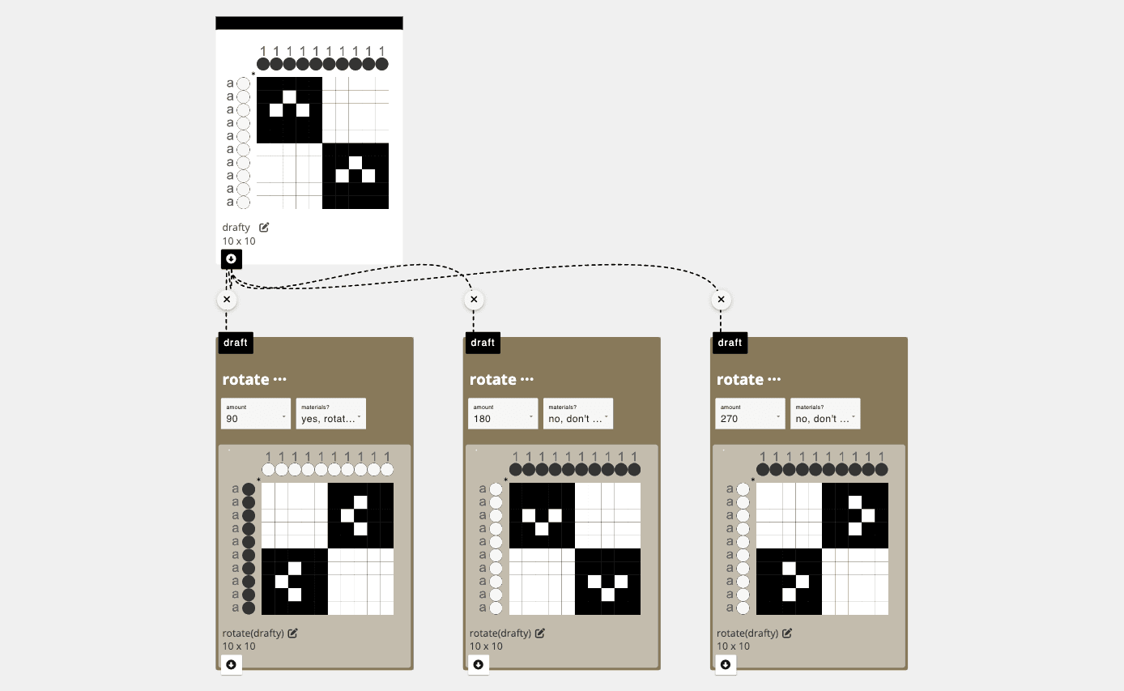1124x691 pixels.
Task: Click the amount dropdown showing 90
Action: [255, 413]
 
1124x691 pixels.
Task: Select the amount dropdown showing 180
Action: [503, 413]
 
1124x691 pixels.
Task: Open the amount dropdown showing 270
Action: [750, 413]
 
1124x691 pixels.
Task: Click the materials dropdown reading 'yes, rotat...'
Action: [330, 413]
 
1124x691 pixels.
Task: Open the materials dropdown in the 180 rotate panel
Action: [578, 413]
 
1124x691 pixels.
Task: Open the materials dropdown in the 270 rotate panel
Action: [825, 413]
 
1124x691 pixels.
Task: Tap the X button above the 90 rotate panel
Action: [227, 300]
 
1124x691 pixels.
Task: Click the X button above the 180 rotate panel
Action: [474, 300]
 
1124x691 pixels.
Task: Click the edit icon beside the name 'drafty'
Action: [264, 228]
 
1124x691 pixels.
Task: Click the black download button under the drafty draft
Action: [232, 259]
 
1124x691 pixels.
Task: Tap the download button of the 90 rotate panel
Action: [232, 664]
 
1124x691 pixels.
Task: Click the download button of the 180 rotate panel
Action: [479, 664]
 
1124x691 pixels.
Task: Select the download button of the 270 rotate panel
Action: [726, 664]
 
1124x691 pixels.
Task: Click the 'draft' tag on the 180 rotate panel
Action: [483, 343]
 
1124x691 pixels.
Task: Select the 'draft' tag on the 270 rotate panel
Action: [730, 343]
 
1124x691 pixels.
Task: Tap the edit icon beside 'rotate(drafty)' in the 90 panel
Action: [292, 633]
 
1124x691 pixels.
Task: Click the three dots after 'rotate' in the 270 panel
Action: [774, 379]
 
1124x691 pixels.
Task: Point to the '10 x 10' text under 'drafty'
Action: [239, 241]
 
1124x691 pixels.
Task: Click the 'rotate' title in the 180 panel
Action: [492, 379]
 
